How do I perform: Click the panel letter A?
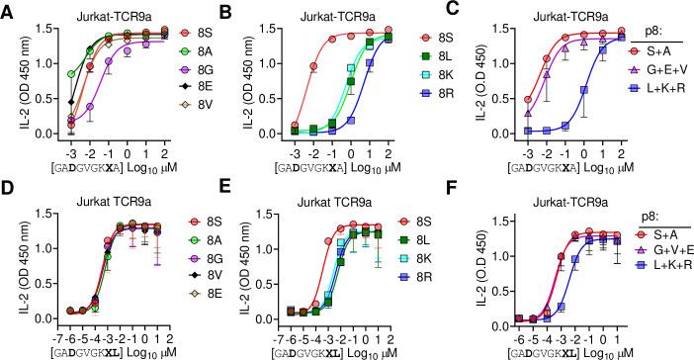(x=9, y=11)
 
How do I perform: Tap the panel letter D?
(x=9, y=191)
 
